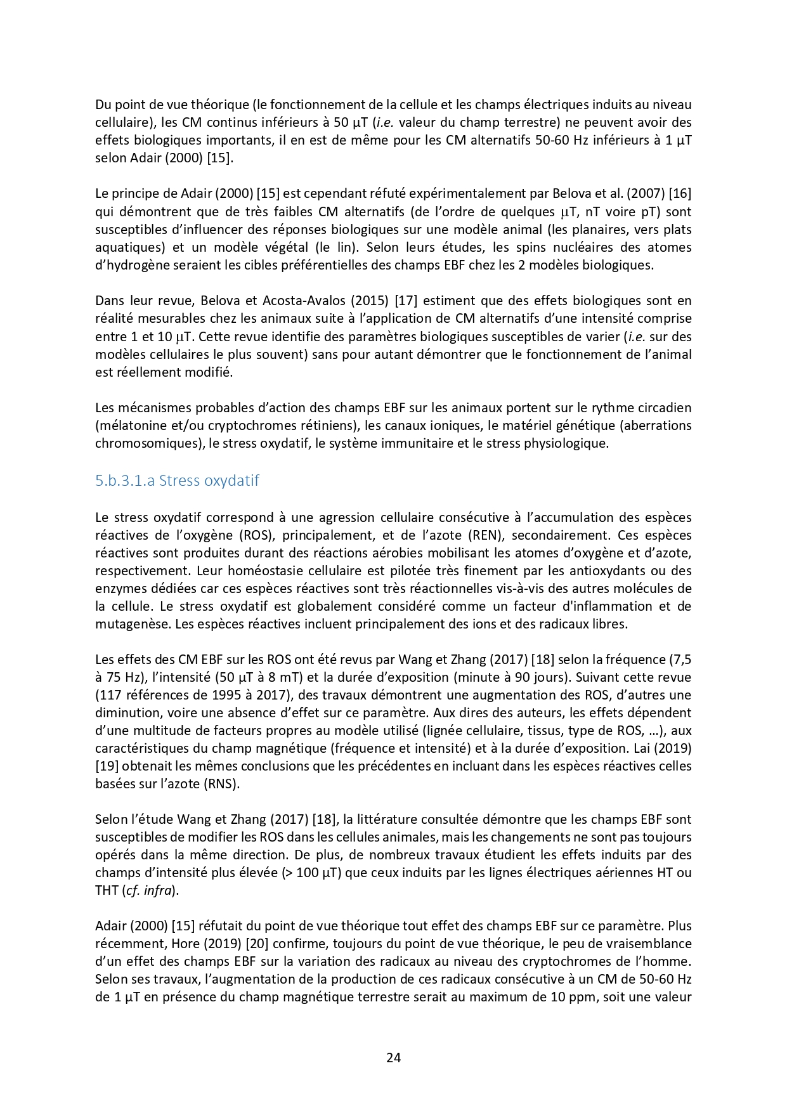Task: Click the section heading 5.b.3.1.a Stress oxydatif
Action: point(177,481)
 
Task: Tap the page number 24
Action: point(393,1057)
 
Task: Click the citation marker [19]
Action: point(107,766)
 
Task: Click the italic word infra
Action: point(158,890)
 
